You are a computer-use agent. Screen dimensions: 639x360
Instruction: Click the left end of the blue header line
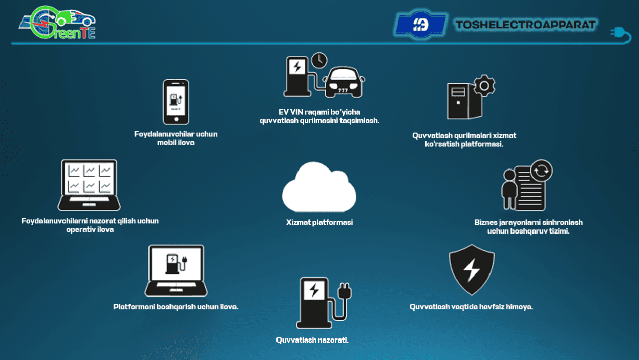click(12, 43)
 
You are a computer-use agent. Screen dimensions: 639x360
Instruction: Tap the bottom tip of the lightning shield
click(472, 295)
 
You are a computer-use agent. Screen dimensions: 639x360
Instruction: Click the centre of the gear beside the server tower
click(484, 86)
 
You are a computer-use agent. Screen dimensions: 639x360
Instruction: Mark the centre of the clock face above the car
click(319, 60)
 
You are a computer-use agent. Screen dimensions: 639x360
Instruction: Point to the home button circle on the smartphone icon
click(176, 119)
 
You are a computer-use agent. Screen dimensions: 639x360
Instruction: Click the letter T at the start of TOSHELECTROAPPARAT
click(460, 25)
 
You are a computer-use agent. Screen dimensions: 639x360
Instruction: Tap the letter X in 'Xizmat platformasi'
click(289, 222)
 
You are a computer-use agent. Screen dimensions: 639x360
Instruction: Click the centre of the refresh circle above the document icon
click(541, 171)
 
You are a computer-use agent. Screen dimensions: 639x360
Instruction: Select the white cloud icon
click(319, 187)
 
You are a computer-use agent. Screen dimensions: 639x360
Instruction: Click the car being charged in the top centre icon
click(344, 82)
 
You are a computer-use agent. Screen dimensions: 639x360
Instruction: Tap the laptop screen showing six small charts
click(89, 179)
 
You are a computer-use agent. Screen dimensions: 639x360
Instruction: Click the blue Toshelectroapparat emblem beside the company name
click(420, 25)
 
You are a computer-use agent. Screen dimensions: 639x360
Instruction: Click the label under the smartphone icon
click(176, 138)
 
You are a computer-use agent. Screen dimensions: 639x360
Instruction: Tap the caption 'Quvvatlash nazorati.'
click(312, 340)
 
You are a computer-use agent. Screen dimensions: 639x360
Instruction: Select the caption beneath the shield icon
click(471, 307)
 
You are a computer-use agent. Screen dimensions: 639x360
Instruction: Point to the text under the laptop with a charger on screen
click(176, 307)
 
